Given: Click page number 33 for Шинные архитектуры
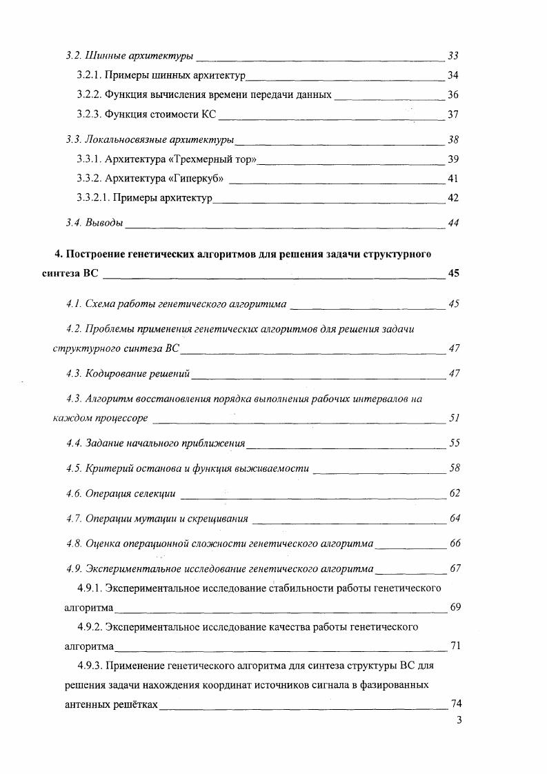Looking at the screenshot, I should [x=453, y=55].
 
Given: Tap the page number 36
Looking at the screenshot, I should [x=453, y=95].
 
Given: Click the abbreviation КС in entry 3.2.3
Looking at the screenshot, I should [x=210, y=114].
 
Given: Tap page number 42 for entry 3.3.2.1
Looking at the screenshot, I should [x=453, y=198].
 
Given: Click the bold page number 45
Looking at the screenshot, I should [x=453, y=273].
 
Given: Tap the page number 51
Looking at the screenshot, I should [x=454, y=418].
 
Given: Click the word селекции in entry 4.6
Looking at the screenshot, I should [x=155, y=493].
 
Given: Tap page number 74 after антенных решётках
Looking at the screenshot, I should [x=455, y=704].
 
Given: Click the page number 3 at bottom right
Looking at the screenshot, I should [x=459, y=722].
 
